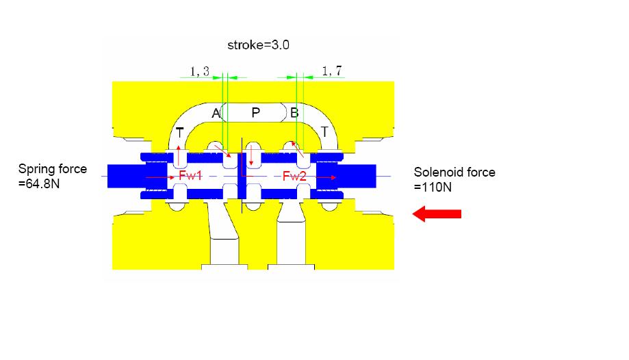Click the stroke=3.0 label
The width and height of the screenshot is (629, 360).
(258, 45)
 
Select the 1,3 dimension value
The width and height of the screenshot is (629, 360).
(200, 71)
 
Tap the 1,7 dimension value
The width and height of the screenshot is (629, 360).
(332, 71)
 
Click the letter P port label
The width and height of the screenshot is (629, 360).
(255, 113)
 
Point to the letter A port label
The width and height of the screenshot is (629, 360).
(216, 113)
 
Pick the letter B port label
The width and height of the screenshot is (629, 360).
(294, 113)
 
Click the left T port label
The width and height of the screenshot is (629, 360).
(180, 132)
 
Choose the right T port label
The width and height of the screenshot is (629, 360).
(324, 131)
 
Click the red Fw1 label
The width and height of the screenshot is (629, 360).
(190, 175)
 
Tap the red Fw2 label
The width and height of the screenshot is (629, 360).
(294, 176)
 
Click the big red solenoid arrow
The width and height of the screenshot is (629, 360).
(437, 214)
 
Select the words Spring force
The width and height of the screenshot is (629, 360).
(53, 169)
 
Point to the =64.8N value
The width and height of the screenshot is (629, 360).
(39, 184)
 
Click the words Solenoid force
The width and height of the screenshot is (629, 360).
(454, 172)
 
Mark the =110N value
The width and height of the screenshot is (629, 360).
(433, 187)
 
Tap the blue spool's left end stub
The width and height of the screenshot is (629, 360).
(125, 176)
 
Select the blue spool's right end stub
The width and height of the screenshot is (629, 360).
(359, 176)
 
